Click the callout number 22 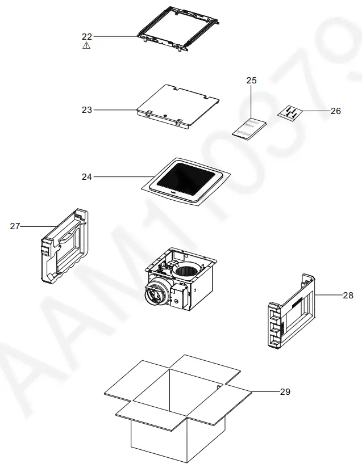(86, 36)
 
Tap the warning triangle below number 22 (86, 45)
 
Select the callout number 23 (86, 109)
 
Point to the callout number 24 (86, 177)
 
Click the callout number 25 (252, 81)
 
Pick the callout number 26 (335, 111)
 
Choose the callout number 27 (15, 226)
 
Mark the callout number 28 (347, 295)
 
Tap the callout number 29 (285, 392)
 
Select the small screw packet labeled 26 (290, 112)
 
